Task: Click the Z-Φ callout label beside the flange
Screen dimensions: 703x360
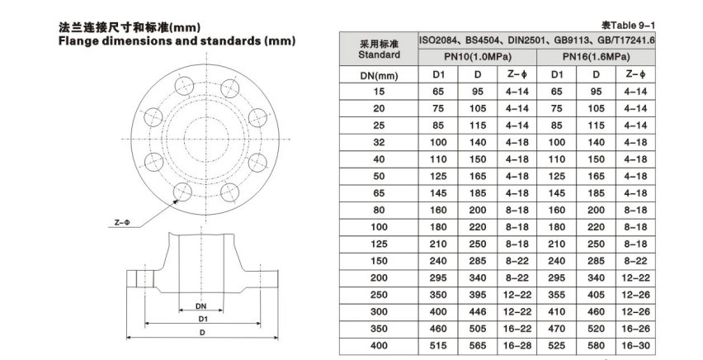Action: pos(121,222)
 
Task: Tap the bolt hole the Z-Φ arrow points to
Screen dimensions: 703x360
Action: pos(183,192)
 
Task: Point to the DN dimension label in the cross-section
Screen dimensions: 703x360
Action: pos(201,306)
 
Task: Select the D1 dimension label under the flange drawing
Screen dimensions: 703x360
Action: pos(203,320)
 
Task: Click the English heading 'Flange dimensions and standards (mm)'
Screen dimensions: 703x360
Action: pos(177,41)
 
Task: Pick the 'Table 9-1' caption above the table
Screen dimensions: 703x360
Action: pos(628,25)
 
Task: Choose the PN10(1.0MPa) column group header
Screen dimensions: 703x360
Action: pos(478,57)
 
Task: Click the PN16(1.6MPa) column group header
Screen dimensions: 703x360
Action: pos(596,57)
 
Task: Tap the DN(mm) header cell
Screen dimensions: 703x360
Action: pos(379,75)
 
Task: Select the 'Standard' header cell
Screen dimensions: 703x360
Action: pos(379,50)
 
